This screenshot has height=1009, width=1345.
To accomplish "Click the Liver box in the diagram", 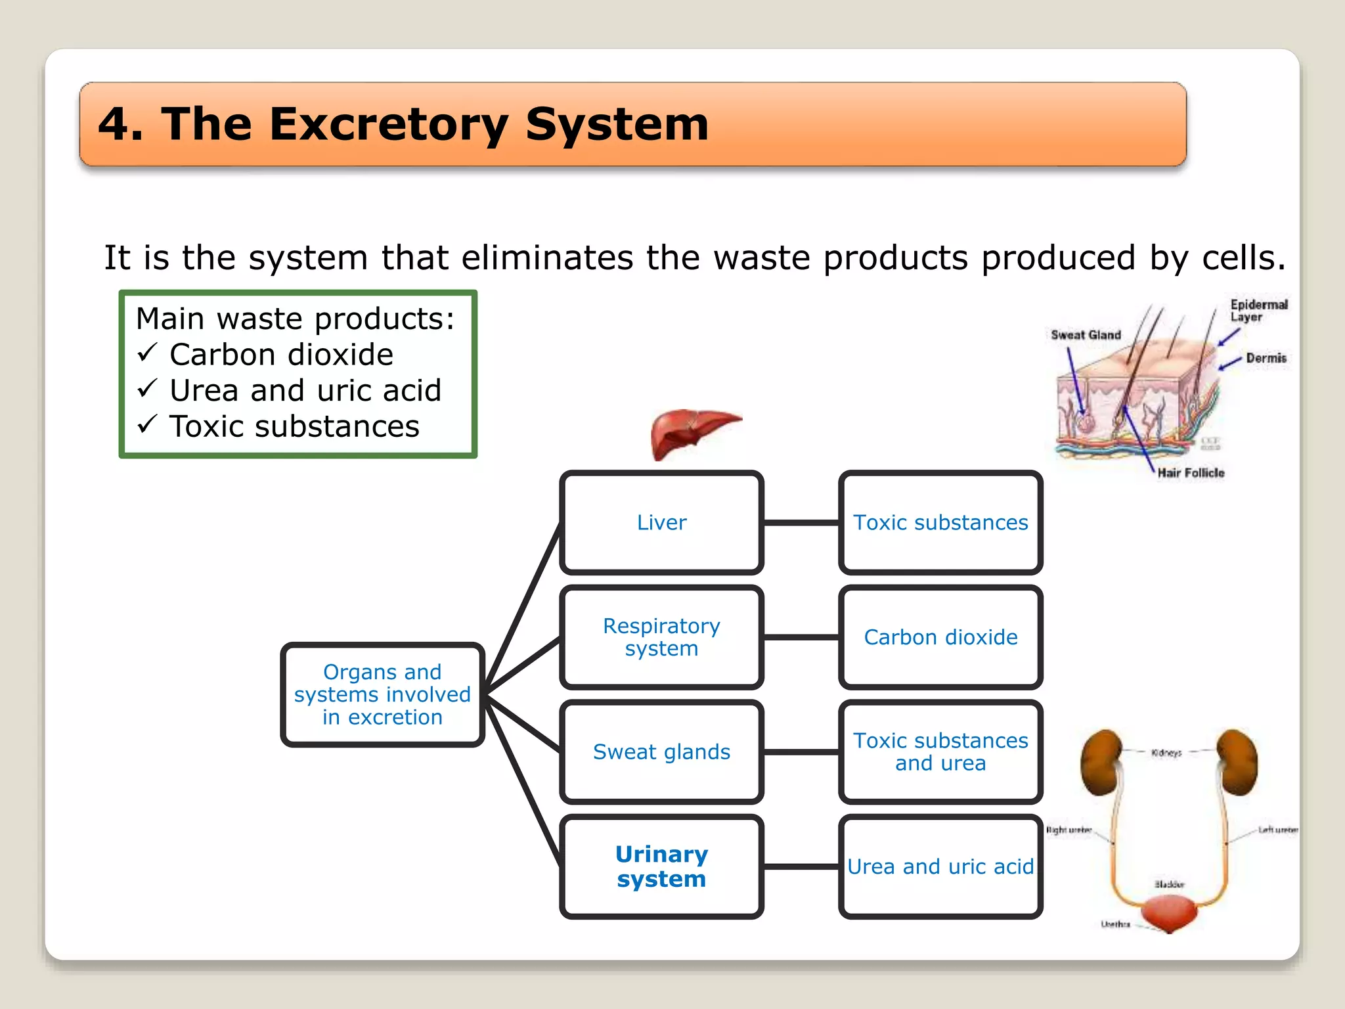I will tap(661, 523).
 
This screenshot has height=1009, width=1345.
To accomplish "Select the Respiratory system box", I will tap(661, 637).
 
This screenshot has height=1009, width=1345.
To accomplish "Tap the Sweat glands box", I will tap(661, 751).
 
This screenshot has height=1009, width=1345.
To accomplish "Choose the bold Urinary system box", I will tap(661, 866).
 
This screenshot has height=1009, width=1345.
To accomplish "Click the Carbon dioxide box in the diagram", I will tap(940, 637).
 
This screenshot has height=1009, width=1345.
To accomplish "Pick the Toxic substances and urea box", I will tap(940, 751).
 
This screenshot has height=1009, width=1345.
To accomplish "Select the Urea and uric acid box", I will tap(940, 866).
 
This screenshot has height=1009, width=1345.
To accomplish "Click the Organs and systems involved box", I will tap(382, 694).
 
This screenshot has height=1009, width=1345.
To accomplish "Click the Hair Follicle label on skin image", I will tap(1191, 473).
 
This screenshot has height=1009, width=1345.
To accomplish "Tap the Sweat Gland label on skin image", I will tap(1086, 335).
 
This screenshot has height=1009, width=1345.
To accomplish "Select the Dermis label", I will tap(1266, 358).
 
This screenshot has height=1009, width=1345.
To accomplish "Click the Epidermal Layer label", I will tap(1258, 311).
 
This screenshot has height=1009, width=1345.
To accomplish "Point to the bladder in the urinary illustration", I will tap(1169, 913).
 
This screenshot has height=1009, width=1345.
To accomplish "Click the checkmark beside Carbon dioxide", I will tap(148, 353).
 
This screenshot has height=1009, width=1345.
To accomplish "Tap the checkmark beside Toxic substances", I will tap(148, 425).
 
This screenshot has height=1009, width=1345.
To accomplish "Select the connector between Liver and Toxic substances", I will tap(801, 523).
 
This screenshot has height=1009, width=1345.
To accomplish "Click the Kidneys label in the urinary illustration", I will tap(1166, 753).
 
